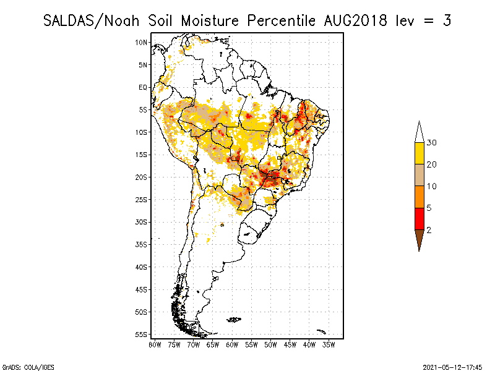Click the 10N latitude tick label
click(142, 42)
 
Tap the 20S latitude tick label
click(142, 177)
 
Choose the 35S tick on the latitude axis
click(142, 244)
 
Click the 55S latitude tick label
click(142, 335)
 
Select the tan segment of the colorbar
click(420, 175)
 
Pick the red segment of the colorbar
click(420, 218)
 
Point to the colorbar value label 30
click(432, 143)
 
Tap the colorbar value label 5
click(429, 208)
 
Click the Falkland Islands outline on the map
click(234, 319)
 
